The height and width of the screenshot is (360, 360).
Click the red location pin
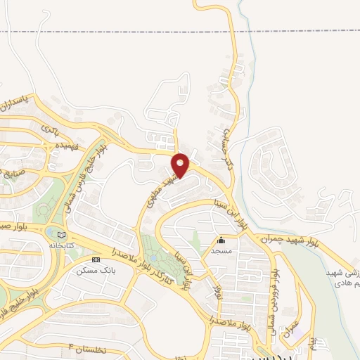pyautogui.click(x=181, y=165)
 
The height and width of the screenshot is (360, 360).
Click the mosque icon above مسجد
pyautogui.click(x=221, y=240)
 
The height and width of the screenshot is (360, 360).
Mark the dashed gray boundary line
pyautogui.click(x=141, y=31)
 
